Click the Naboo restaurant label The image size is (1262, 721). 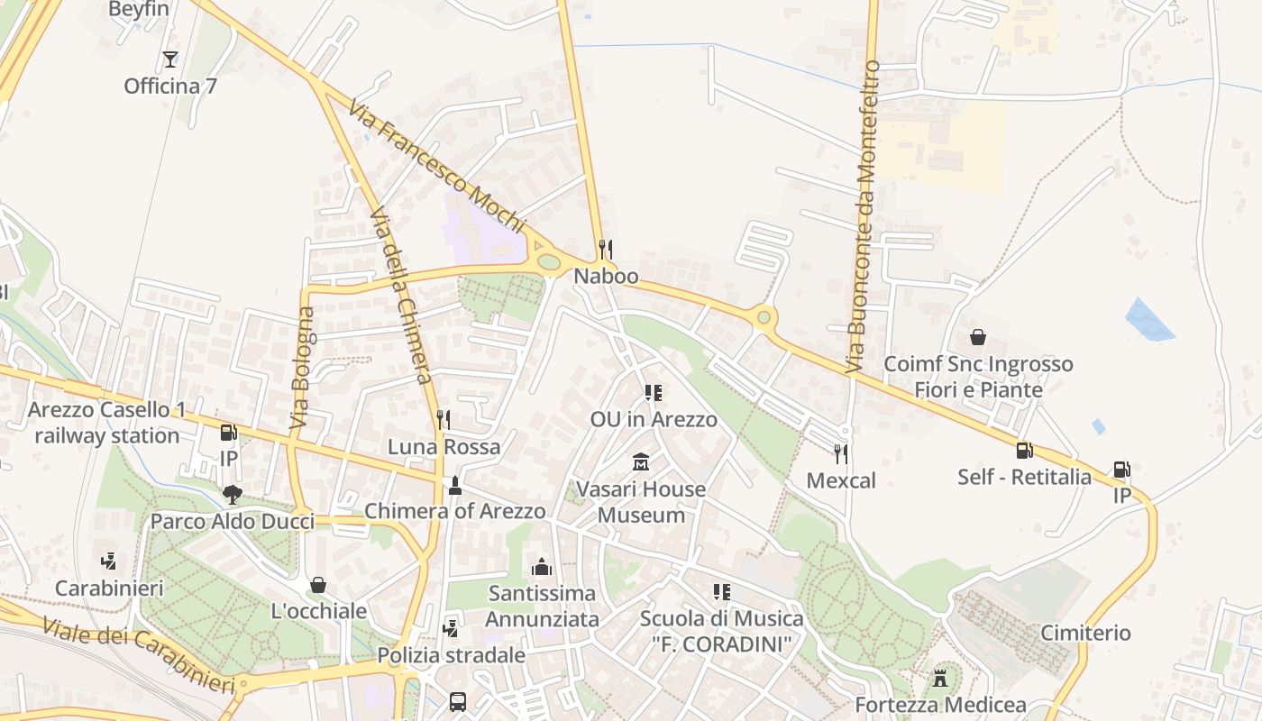point(606,277)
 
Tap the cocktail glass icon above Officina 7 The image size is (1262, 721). point(169,59)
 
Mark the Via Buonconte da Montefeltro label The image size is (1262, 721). point(862,216)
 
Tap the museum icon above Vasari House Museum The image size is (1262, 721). point(641,462)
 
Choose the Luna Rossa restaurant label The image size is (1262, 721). point(444,447)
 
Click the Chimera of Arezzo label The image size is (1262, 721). point(454,511)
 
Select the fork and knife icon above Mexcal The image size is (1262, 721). point(841,453)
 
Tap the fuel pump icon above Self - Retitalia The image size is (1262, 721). point(1024,450)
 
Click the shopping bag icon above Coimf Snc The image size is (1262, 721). point(978,337)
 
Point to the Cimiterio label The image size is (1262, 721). point(1085,633)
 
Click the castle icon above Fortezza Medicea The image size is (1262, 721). point(940,678)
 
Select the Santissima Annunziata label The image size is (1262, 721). point(542,606)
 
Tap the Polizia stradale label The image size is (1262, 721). point(451,655)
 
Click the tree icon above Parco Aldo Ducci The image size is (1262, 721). point(233,494)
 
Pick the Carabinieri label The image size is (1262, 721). point(109,589)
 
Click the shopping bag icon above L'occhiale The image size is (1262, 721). point(318,585)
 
